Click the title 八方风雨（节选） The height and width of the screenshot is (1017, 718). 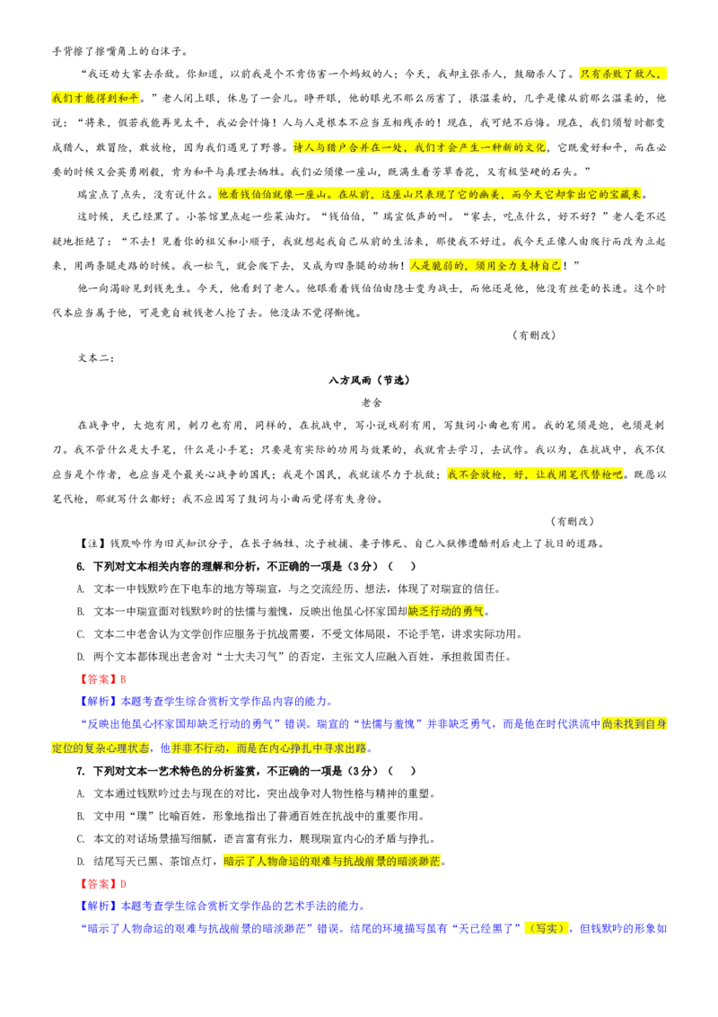click(x=369, y=380)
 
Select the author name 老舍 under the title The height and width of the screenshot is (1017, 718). click(x=372, y=402)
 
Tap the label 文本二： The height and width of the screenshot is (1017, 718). click(x=96, y=358)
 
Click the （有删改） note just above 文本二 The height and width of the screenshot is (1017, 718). click(x=534, y=335)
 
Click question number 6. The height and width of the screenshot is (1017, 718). click(x=81, y=566)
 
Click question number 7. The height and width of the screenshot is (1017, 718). click(x=81, y=771)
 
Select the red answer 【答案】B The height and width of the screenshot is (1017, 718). click(x=101, y=679)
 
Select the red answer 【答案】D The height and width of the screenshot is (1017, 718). click(x=101, y=883)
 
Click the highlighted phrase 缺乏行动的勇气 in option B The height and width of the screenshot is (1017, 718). click(x=446, y=611)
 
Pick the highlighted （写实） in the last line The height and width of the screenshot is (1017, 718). click(x=547, y=928)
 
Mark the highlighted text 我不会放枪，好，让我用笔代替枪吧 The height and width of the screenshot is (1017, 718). click(x=535, y=474)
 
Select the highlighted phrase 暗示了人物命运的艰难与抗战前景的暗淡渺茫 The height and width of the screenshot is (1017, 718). click(x=332, y=862)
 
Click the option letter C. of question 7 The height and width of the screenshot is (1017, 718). click(x=81, y=838)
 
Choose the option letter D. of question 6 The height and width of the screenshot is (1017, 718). click(x=81, y=657)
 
